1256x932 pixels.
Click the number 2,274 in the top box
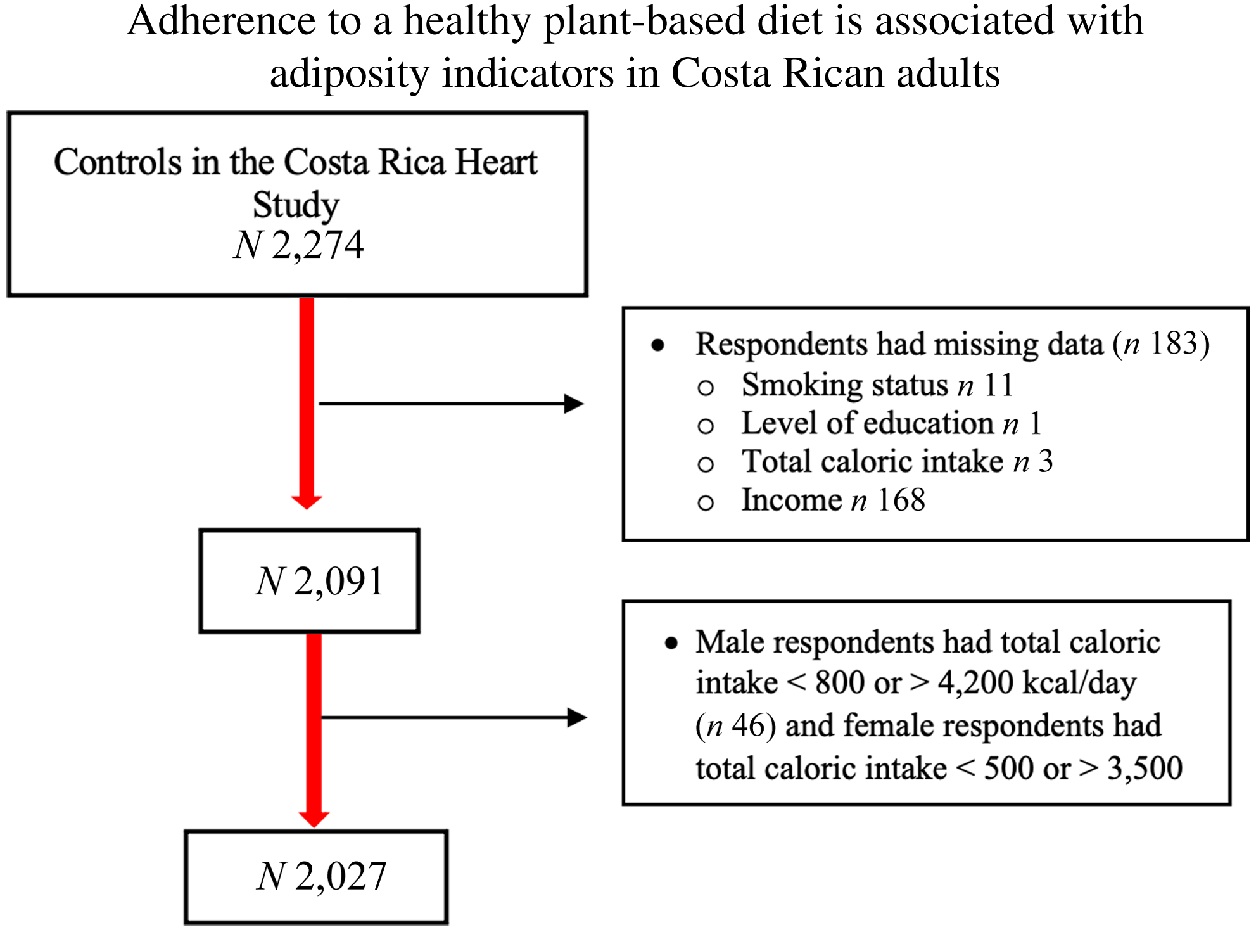click(x=318, y=245)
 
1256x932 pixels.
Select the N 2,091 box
click(x=310, y=581)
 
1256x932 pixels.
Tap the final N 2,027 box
click(x=317, y=877)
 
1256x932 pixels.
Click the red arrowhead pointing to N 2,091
click(x=307, y=502)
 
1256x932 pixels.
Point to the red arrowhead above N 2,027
click(x=314, y=819)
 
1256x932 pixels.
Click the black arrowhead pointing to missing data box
click(x=574, y=404)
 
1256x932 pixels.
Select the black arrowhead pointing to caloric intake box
click(x=577, y=718)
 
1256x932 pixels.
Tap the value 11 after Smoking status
click(x=998, y=385)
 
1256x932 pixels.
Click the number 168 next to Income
click(x=901, y=500)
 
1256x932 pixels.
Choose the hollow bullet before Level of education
click(x=706, y=426)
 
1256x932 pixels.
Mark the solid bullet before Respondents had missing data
click(x=658, y=345)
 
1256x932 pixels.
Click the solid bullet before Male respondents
click(x=671, y=644)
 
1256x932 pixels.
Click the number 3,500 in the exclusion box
click(x=1145, y=769)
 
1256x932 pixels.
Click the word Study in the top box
click(x=296, y=205)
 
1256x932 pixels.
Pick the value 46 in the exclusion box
click(x=749, y=725)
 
